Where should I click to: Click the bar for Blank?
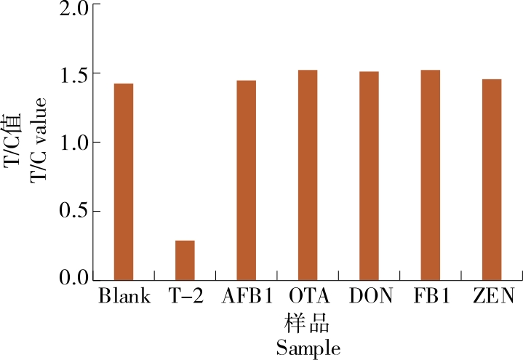click(x=124, y=182)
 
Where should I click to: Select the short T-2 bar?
click(x=185, y=260)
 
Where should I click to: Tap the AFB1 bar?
click(x=246, y=180)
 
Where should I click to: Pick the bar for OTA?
click(x=308, y=175)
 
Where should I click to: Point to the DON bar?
click(x=369, y=175)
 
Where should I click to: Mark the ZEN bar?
click(x=492, y=179)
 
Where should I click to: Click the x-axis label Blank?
click(x=124, y=297)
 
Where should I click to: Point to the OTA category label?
click(x=308, y=297)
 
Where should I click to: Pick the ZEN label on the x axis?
click(x=492, y=297)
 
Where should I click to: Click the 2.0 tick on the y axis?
click(x=72, y=9)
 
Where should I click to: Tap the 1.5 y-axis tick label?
click(x=72, y=76)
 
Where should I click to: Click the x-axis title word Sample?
click(x=308, y=348)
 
